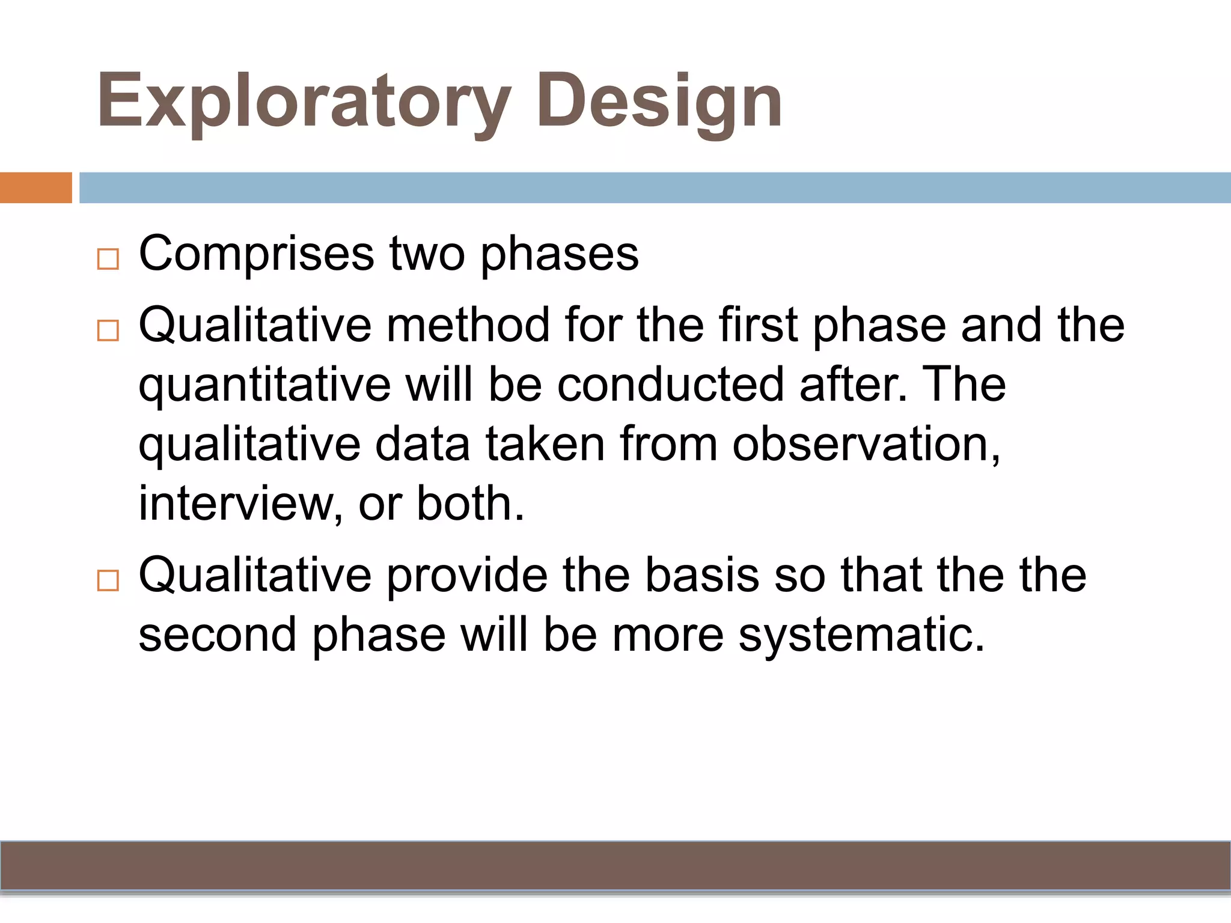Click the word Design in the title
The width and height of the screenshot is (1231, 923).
(659, 102)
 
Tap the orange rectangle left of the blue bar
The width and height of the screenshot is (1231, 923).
(35, 187)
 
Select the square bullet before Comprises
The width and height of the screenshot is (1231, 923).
(108, 260)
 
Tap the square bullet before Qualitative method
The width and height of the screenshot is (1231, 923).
(108, 331)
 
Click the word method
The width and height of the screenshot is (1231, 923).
(468, 325)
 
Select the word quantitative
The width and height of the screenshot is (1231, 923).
(264, 385)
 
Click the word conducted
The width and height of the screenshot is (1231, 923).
(670, 384)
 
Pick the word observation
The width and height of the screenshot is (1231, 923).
(866, 444)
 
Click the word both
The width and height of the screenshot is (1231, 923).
(471, 503)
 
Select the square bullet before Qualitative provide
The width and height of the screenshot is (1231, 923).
(108, 581)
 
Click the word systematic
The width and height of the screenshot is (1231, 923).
(861, 635)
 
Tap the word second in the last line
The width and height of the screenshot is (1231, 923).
(218, 635)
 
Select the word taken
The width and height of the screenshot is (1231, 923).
(545, 444)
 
